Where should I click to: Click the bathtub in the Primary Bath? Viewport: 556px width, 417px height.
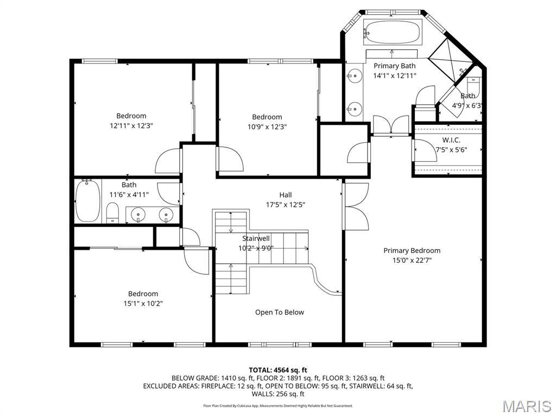pyautogui.click(x=392, y=33)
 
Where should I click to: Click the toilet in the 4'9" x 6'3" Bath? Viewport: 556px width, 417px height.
pyautogui.click(x=474, y=87)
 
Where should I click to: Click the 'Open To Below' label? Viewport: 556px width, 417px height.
pyautogui.click(x=280, y=312)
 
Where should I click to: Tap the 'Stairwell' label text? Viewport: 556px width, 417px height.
pyautogui.click(x=256, y=238)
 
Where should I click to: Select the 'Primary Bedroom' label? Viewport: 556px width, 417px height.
pyautogui.click(x=412, y=250)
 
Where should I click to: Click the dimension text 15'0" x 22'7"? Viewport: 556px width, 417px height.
pyautogui.click(x=412, y=260)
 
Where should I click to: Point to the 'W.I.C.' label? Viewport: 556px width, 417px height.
pyautogui.click(x=451, y=140)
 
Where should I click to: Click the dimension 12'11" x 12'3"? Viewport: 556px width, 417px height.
pyautogui.click(x=131, y=125)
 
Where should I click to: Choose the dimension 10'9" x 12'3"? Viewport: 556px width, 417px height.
pyautogui.click(x=267, y=127)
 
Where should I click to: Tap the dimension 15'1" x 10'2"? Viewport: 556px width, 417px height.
pyautogui.click(x=143, y=304)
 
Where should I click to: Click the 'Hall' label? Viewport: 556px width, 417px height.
pyautogui.click(x=286, y=195)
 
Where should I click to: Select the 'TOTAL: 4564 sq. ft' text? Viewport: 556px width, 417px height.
pyautogui.click(x=278, y=370)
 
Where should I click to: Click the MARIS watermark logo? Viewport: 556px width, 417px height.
pyautogui.click(x=526, y=406)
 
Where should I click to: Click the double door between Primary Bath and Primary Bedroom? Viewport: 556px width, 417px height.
pyautogui.click(x=391, y=126)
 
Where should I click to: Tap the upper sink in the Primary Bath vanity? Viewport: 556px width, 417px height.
pyautogui.click(x=355, y=76)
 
